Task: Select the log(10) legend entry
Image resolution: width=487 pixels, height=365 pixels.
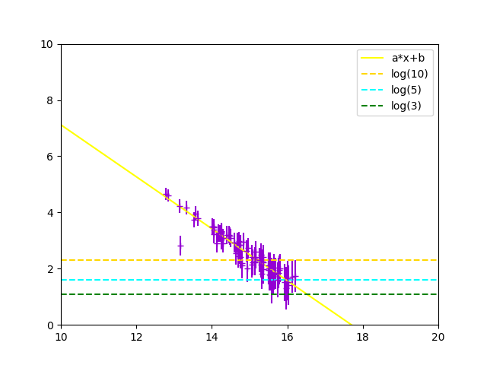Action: click(x=409, y=74)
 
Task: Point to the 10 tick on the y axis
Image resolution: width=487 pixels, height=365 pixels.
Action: click(x=47, y=44)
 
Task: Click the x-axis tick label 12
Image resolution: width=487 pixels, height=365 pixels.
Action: click(x=136, y=336)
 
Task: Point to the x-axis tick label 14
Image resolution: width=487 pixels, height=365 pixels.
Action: click(x=212, y=336)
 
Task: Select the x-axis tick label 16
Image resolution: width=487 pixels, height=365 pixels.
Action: click(x=287, y=336)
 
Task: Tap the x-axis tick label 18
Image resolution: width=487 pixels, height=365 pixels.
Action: click(x=363, y=336)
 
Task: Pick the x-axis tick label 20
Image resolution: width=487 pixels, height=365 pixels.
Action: click(x=438, y=336)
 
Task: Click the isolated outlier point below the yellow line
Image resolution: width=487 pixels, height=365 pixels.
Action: click(x=180, y=246)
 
